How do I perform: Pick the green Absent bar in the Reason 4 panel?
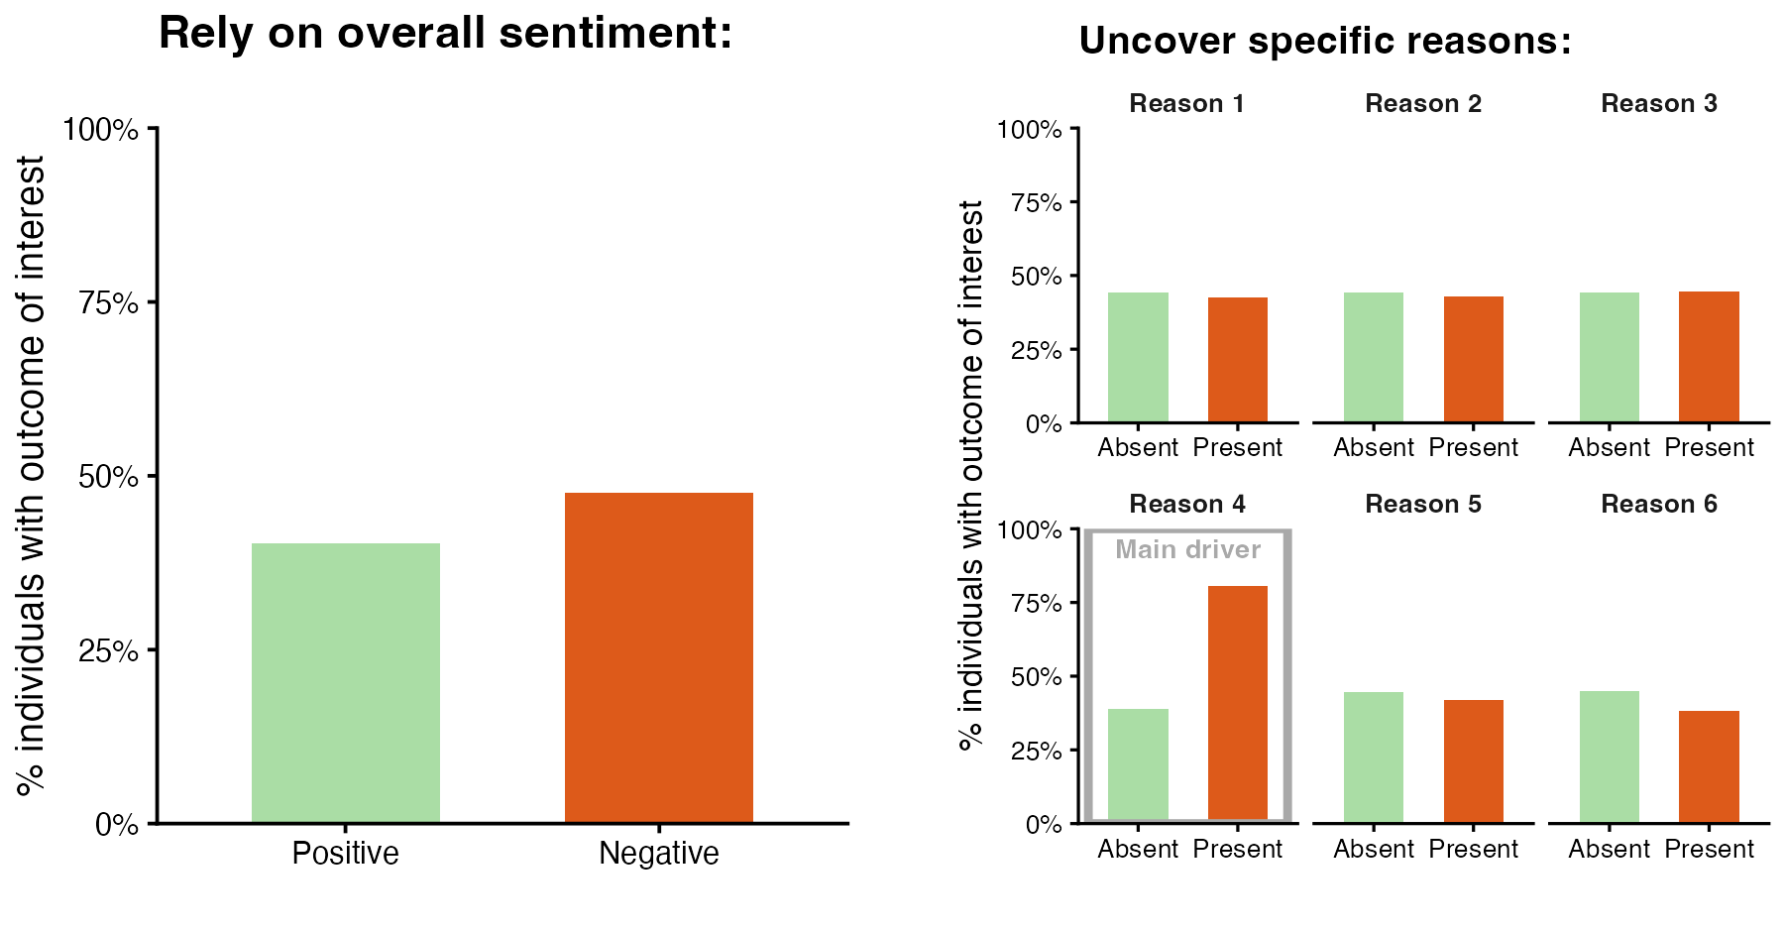pyautogui.click(x=1138, y=764)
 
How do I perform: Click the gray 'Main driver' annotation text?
pyautogui.click(x=1187, y=550)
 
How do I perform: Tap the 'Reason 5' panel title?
pyautogui.click(x=1422, y=505)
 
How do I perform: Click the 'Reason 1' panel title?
pyautogui.click(x=1186, y=104)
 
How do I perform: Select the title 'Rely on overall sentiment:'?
pyautogui.click(x=445, y=34)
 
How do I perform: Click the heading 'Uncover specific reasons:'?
pyautogui.click(x=1324, y=42)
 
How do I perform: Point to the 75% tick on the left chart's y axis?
pyautogui.click(x=109, y=303)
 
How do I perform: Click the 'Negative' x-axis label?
pyautogui.click(x=658, y=854)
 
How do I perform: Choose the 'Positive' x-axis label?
pyautogui.click(x=345, y=854)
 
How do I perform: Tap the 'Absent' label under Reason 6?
pyautogui.click(x=1609, y=850)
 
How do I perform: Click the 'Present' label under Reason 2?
pyautogui.click(x=1473, y=448)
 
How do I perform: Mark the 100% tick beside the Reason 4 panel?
pyautogui.click(x=1030, y=530)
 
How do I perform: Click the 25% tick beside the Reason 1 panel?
pyautogui.click(x=1036, y=351)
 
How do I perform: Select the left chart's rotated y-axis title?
pyautogui.click(x=32, y=476)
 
